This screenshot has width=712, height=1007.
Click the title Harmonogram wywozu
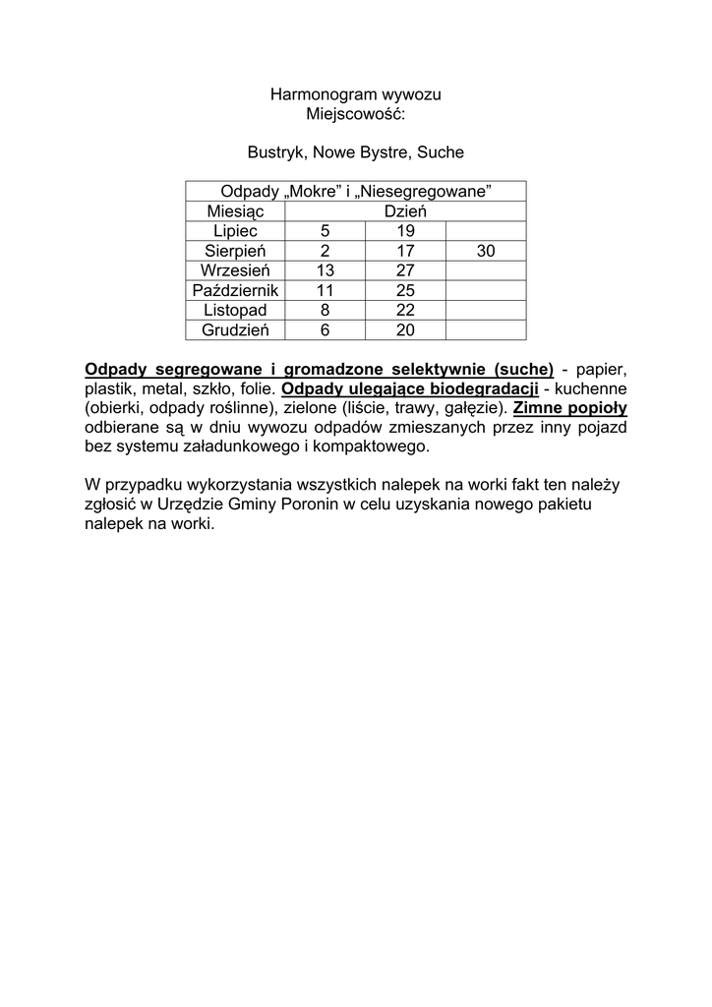[x=356, y=95]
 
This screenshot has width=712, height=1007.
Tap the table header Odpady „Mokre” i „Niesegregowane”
[x=355, y=191]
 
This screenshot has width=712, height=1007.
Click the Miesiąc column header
[x=235, y=211]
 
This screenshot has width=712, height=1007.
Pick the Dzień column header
[x=405, y=211]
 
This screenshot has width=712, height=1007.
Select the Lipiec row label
[x=235, y=231]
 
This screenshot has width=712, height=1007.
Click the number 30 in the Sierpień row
[x=486, y=252]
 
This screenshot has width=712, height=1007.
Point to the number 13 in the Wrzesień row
[x=325, y=271]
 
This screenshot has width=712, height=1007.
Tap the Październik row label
[x=236, y=291]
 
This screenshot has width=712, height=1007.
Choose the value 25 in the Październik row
[x=405, y=291]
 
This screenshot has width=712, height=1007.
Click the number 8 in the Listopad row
[x=325, y=311]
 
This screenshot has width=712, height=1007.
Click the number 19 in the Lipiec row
[x=405, y=231]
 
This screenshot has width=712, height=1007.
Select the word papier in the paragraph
[x=602, y=370]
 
